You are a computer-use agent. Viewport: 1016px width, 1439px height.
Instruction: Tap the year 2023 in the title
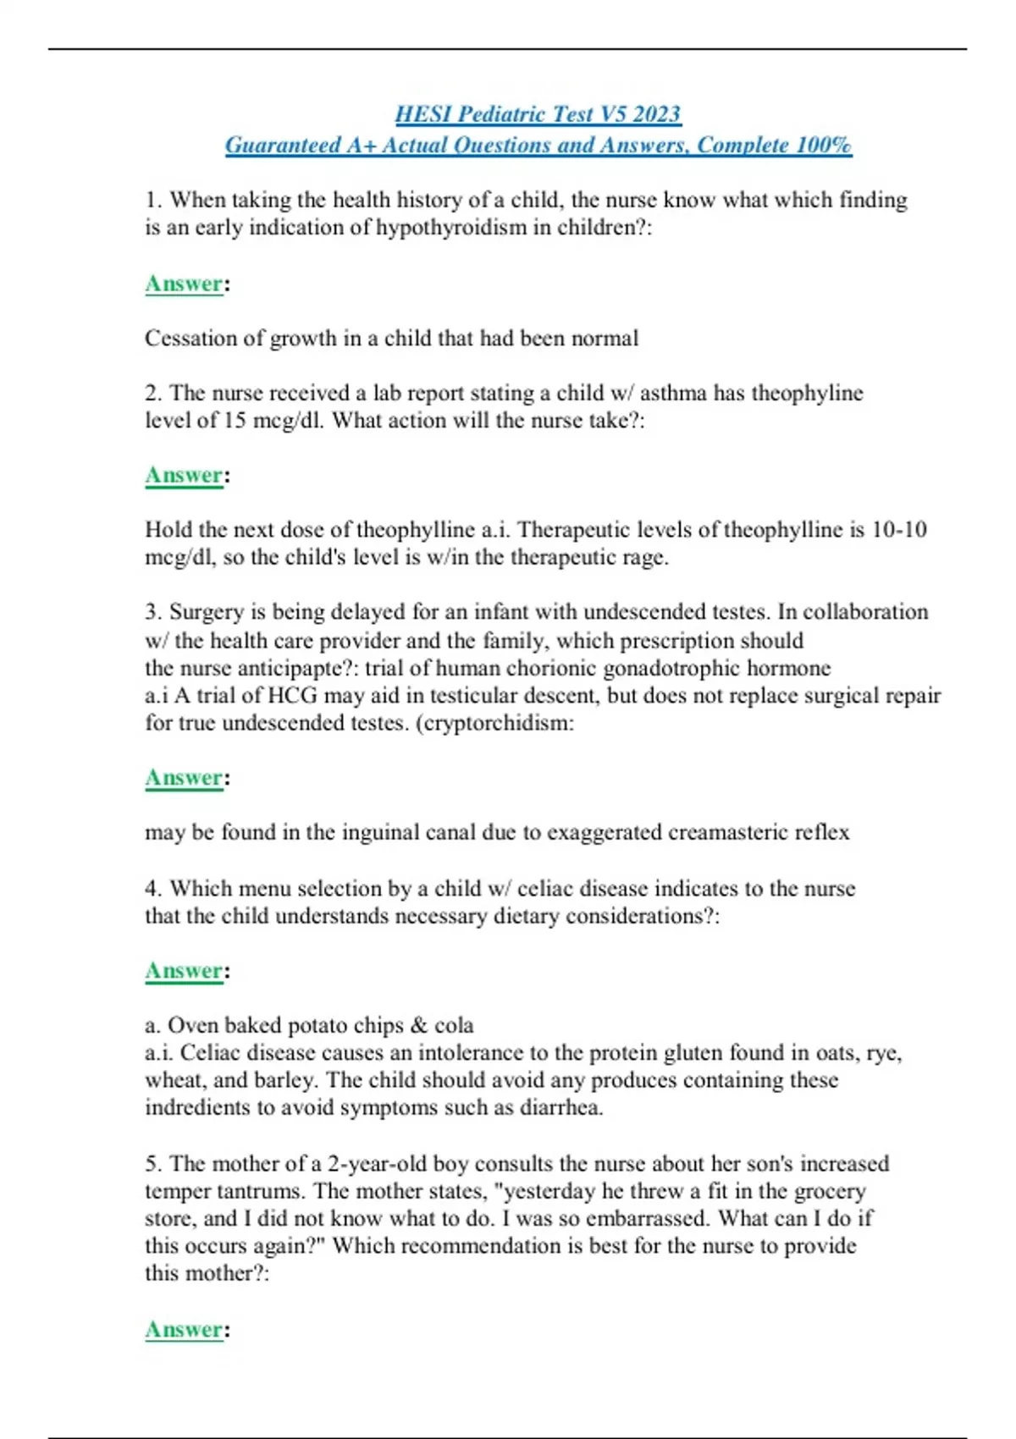pos(656,113)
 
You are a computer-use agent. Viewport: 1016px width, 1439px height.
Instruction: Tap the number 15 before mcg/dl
pos(235,421)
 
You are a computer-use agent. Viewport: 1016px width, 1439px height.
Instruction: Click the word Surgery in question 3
pos(207,612)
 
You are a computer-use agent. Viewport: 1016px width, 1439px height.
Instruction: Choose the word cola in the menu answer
pos(454,1025)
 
